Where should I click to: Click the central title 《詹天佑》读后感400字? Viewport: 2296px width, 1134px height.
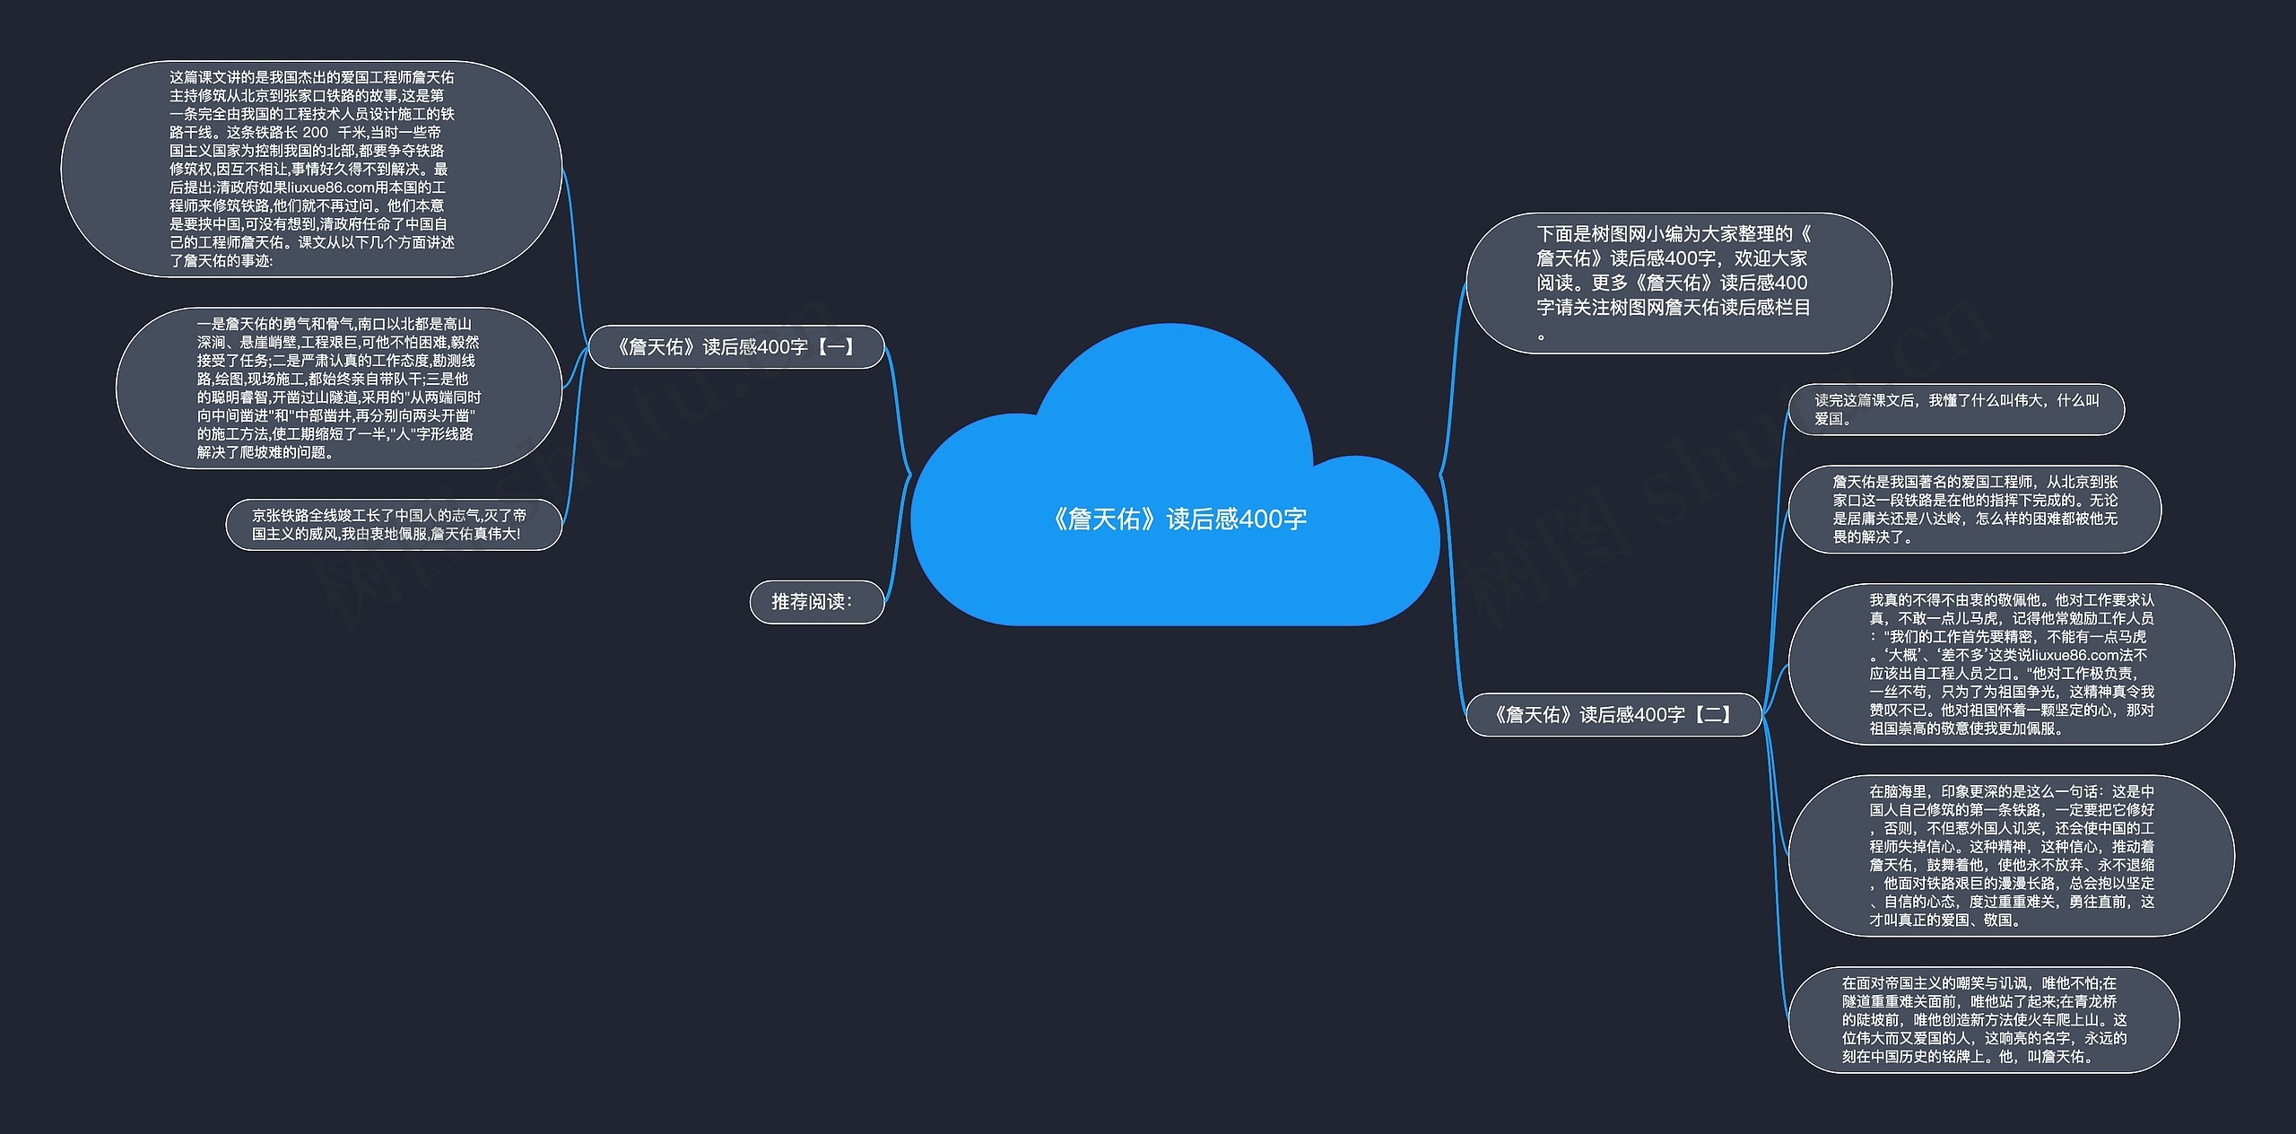pyautogui.click(x=1179, y=519)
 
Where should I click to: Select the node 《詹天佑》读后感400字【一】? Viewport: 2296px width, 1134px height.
pyautogui.click(x=735, y=347)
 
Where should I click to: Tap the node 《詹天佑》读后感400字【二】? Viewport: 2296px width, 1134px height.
pyautogui.click(x=1613, y=715)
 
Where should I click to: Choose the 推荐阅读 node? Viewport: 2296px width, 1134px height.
pyautogui.click(x=815, y=602)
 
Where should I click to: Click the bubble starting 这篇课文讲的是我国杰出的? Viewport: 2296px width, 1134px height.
pyautogui.click(x=311, y=169)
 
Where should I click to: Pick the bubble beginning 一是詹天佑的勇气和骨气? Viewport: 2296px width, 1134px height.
pyautogui.click(x=338, y=388)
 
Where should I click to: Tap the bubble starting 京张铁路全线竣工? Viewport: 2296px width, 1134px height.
pyautogui.click(x=393, y=525)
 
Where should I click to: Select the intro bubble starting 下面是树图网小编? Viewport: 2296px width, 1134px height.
pyautogui.click(x=1677, y=283)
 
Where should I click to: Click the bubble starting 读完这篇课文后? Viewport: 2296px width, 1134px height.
pyautogui.click(x=1955, y=410)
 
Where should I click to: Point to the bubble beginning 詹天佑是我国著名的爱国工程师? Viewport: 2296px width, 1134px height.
pyautogui.click(x=1974, y=510)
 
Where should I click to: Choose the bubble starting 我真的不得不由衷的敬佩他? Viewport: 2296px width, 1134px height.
pyautogui.click(x=2011, y=664)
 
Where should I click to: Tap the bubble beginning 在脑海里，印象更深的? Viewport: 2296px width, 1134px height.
pyautogui.click(x=2011, y=855)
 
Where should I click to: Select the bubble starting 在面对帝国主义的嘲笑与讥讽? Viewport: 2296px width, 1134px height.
pyautogui.click(x=1983, y=1020)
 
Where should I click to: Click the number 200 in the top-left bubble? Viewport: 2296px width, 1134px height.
pyautogui.click(x=315, y=133)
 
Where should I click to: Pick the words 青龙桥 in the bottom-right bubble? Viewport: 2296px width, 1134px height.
pyautogui.click(x=2095, y=1002)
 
